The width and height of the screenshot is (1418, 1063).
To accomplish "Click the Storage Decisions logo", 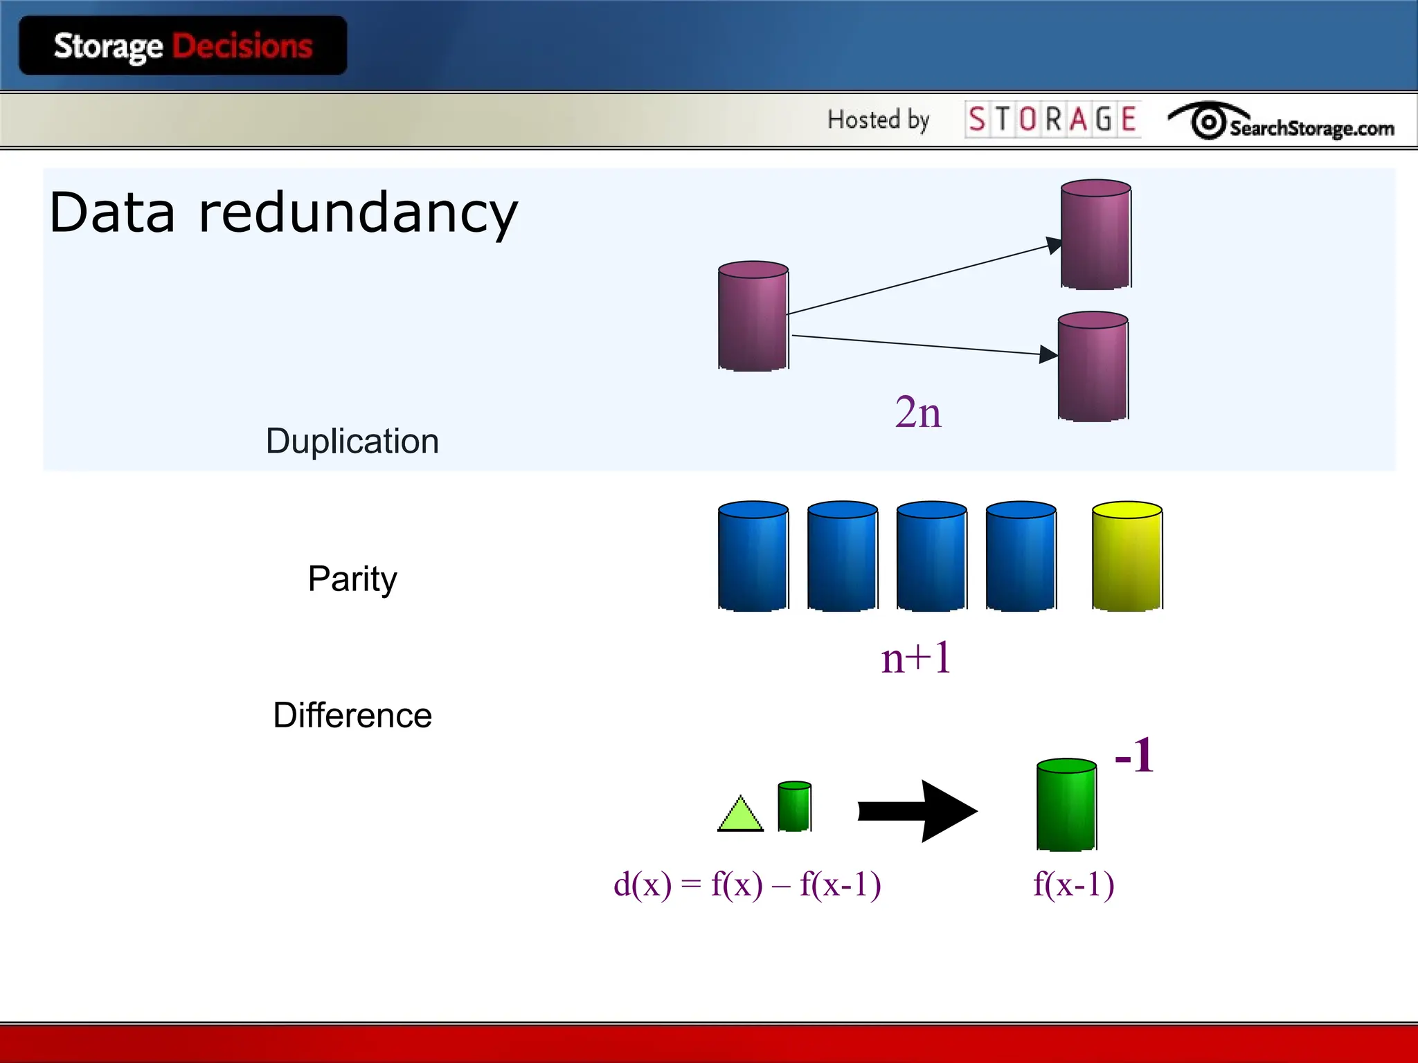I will [183, 46].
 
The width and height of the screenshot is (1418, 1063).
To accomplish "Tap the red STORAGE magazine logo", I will [1052, 119].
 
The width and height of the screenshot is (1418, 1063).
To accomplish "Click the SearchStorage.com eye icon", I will [1208, 122].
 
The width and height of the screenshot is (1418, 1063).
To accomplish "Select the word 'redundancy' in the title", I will [358, 213].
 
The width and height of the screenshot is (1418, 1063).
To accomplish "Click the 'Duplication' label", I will [352, 441].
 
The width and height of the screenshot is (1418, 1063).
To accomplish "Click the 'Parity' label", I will [352, 579].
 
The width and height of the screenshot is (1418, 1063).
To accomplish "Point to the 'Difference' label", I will [352, 715].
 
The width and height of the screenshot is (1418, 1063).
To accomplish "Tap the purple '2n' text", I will [918, 412].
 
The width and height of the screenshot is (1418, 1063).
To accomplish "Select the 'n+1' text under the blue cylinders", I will [916, 658].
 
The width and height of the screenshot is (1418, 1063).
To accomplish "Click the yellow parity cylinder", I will [1127, 557].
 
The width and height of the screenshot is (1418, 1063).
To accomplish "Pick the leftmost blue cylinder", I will [753, 557].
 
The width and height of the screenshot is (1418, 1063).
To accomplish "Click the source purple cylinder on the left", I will [753, 317].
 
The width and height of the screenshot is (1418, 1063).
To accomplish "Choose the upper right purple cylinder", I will [1095, 235].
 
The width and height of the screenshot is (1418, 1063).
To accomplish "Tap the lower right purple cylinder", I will [1093, 367].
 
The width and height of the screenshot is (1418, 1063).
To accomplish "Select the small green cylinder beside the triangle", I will [794, 807].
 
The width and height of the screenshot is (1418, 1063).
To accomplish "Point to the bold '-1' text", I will [1134, 755].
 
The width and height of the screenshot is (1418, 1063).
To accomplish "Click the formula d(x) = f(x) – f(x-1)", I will [747, 884].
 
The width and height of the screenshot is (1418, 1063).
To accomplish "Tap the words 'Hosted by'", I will [878, 120].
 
